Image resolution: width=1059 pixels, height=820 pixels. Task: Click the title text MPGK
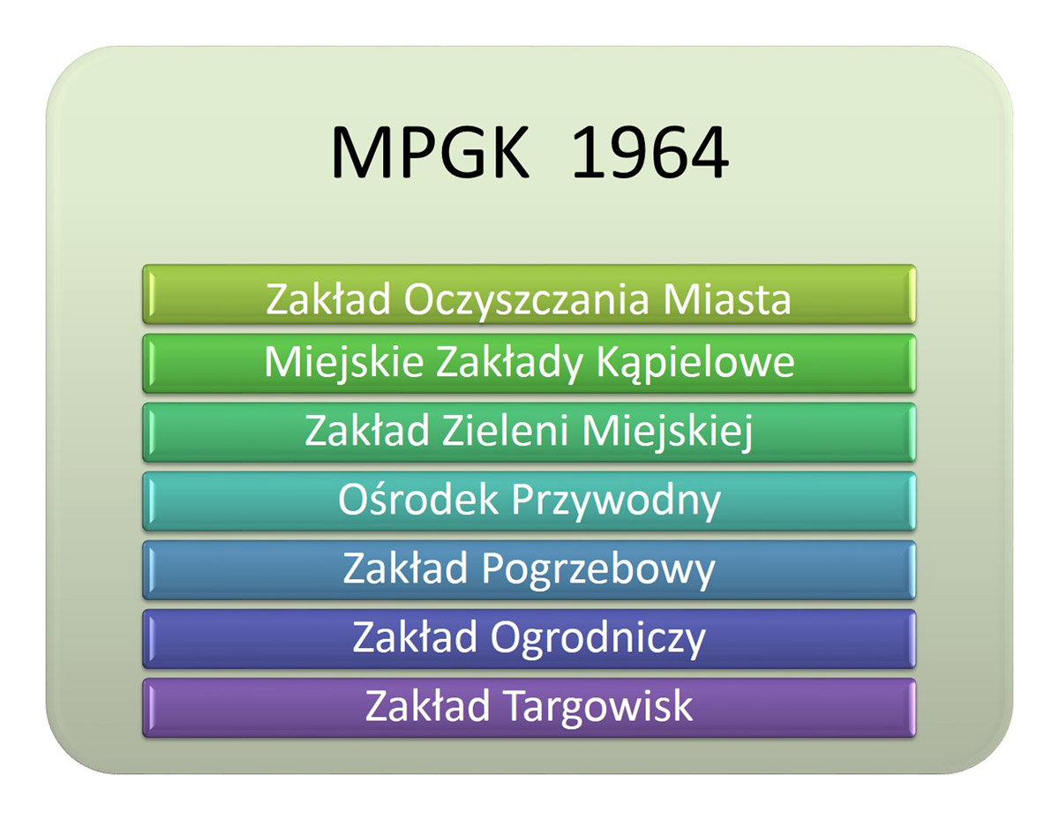pyautogui.click(x=430, y=153)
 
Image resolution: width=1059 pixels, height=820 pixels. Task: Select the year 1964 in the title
pyautogui.click(x=650, y=153)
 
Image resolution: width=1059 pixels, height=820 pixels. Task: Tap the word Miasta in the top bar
pyautogui.click(x=726, y=299)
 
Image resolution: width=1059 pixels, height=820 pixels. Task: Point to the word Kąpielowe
pyautogui.click(x=695, y=364)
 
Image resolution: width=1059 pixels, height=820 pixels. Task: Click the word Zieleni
pyautogui.click(x=505, y=431)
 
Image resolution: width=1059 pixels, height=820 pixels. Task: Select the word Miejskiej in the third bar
pyautogui.click(x=668, y=433)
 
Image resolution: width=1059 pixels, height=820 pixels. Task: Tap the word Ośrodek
pyautogui.click(x=417, y=500)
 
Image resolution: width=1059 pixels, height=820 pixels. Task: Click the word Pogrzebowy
pyautogui.click(x=598, y=570)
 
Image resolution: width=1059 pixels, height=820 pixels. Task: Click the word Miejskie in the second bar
pyautogui.click(x=343, y=364)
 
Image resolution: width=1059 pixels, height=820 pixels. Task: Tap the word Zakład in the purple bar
pyautogui.click(x=427, y=706)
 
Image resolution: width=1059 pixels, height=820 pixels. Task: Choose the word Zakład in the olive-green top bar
pyautogui.click(x=328, y=299)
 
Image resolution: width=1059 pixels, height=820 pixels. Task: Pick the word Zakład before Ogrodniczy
pyautogui.click(x=414, y=637)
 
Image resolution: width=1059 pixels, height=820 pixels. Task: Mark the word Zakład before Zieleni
pyautogui.click(x=367, y=431)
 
